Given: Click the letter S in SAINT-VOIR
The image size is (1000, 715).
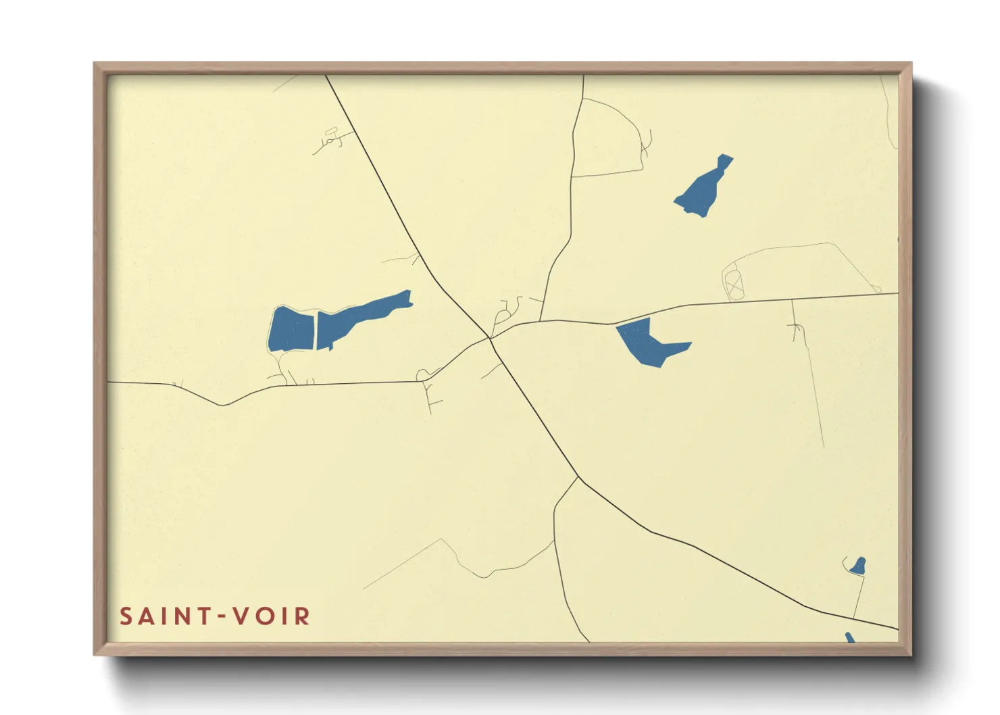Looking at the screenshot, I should [126, 616].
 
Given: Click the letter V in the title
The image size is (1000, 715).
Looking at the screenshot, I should [240, 616].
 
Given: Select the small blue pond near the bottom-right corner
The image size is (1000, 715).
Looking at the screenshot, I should [858, 566].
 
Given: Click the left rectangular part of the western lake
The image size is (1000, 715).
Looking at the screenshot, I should [292, 330].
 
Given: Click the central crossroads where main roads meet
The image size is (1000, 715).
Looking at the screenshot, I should [490, 338].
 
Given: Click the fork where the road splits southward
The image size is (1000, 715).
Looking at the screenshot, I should [579, 478].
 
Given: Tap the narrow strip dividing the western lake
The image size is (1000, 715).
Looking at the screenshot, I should [316, 330].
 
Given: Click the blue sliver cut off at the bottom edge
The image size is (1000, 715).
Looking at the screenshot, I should [849, 637].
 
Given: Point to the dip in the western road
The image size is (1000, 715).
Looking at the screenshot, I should [223, 404].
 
